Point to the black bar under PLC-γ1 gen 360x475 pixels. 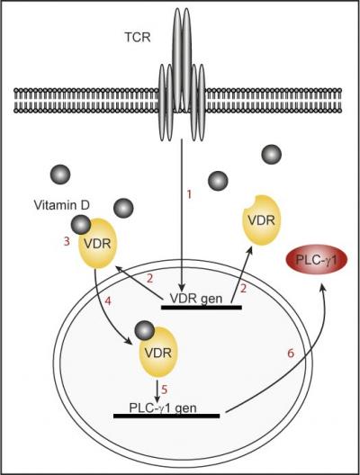tap(168, 417)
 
